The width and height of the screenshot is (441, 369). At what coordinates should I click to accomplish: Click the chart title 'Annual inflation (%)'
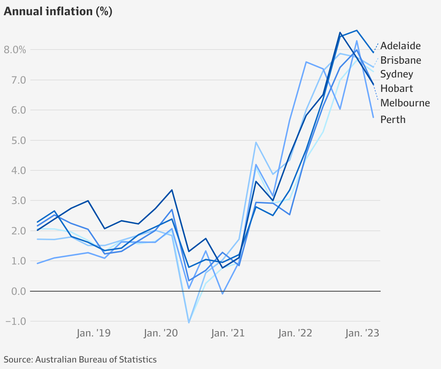(x=58, y=12)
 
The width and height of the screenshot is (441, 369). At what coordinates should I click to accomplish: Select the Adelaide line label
(x=401, y=46)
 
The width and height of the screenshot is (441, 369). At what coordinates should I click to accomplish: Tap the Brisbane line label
(x=401, y=60)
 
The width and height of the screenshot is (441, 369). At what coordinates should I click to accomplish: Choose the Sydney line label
(x=397, y=74)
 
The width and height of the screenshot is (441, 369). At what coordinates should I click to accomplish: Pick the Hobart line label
(x=397, y=89)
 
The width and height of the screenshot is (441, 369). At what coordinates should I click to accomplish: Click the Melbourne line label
(x=405, y=103)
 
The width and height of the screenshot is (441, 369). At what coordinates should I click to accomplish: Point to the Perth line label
(x=393, y=120)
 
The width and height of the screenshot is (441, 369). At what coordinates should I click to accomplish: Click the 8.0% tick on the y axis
(x=15, y=50)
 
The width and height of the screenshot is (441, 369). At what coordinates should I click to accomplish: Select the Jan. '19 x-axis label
(x=94, y=333)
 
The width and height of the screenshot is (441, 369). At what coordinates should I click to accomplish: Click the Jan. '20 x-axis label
(x=161, y=333)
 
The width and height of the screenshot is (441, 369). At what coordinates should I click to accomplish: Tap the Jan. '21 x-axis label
(x=228, y=333)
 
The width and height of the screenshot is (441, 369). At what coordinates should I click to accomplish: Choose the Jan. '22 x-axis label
(x=295, y=333)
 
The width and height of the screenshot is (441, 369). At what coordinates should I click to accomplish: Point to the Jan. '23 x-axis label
(x=362, y=333)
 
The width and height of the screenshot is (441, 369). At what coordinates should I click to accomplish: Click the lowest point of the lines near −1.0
(x=189, y=322)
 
